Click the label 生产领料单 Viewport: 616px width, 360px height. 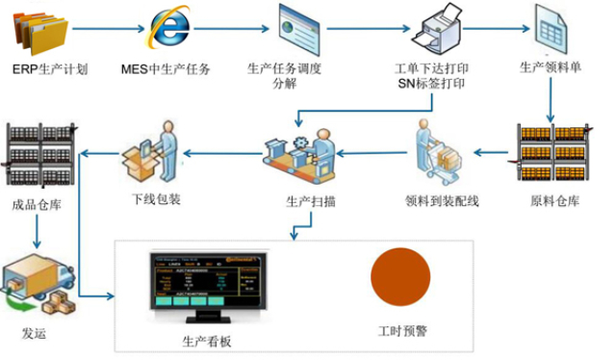point(552,68)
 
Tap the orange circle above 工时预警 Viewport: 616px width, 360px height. point(400,276)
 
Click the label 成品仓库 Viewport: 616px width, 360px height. point(37,204)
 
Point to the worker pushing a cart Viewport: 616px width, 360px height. point(441,153)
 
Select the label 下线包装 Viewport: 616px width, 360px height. point(156,201)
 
